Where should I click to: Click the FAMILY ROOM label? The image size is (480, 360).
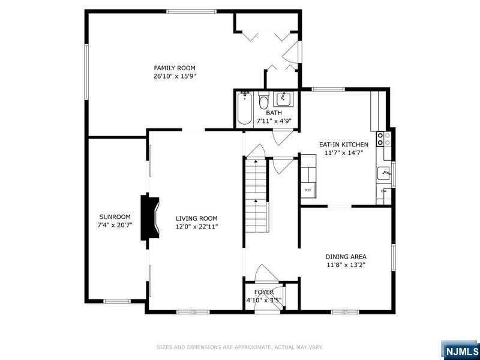pyautogui.click(x=175, y=68)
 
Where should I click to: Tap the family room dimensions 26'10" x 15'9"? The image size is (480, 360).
pyautogui.click(x=175, y=76)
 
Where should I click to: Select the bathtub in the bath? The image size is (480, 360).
pyautogui.click(x=244, y=109)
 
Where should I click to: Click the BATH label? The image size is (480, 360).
pyautogui.click(x=274, y=113)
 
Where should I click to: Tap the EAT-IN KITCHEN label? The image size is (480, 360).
pyautogui.click(x=343, y=145)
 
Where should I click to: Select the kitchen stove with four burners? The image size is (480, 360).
pyautogui.click(x=383, y=139)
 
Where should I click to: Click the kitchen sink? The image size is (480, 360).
pyautogui.click(x=384, y=174)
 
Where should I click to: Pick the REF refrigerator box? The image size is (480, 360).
pyautogui.click(x=308, y=190)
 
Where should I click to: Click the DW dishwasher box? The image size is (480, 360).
pyautogui.click(x=384, y=191)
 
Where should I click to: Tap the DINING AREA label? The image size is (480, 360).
pyautogui.click(x=346, y=256)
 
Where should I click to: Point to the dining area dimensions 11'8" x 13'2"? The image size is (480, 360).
pyautogui.click(x=346, y=265)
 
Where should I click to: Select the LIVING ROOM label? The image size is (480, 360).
pyautogui.click(x=196, y=218)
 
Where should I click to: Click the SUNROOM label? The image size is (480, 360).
pyautogui.click(x=115, y=217)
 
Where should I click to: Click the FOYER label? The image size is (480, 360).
pyautogui.click(x=263, y=292)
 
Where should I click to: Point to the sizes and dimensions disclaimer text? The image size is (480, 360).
pyautogui.click(x=240, y=346)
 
